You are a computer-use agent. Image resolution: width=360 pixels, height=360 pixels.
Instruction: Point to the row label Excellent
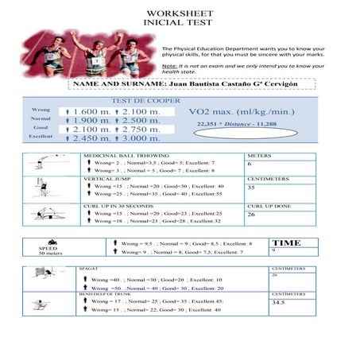41,136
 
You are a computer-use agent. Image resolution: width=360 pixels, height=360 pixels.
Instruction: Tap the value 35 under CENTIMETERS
251,188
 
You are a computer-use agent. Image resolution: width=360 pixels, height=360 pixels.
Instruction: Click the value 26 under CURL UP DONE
251,214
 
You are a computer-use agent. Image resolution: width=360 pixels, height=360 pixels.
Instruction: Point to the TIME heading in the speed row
287,243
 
